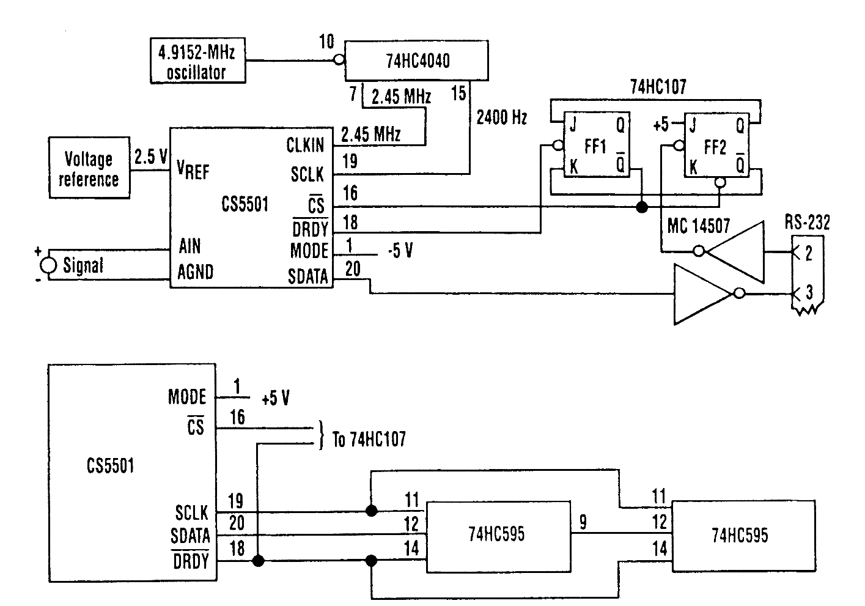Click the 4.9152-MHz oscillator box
(197, 61)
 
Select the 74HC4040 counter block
(416, 61)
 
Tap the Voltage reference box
(89, 168)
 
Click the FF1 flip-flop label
(595, 147)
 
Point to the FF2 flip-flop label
(715, 147)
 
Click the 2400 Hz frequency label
(501, 117)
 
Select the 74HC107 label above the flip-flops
(658, 87)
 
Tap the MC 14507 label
(699, 226)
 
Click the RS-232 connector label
(807, 222)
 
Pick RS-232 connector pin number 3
(809, 292)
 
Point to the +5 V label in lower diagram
(275, 398)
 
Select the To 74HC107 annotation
(369, 439)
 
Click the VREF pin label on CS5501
(193, 170)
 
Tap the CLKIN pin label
(305, 145)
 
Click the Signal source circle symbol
(49, 265)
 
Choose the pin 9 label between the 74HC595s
(583, 522)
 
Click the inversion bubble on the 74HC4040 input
(339, 60)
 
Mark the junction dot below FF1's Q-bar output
(642, 207)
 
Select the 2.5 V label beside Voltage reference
(150, 157)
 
